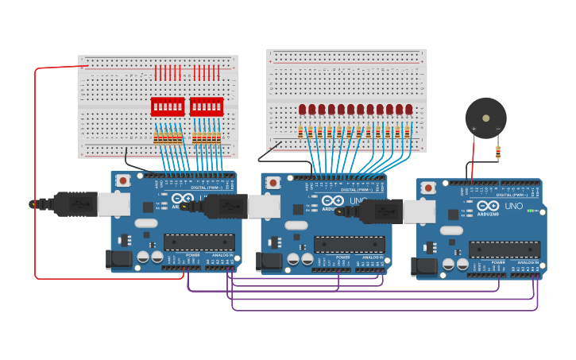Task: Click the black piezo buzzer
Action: tap(485, 118)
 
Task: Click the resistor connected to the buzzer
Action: tap(498, 152)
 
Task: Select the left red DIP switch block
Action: tap(168, 106)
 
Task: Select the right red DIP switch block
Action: tap(207, 106)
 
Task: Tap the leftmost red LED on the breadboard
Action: tap(303, 110)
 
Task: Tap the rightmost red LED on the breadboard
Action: tap(409, 110)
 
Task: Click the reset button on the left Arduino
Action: tap(122, 180)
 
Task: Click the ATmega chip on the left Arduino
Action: tap(199, 242)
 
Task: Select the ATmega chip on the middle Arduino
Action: tap(350, 244)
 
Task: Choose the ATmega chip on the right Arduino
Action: tap(504, 250)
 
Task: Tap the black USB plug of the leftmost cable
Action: tap(75, 204)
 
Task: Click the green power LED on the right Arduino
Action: tap(530, 211)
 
